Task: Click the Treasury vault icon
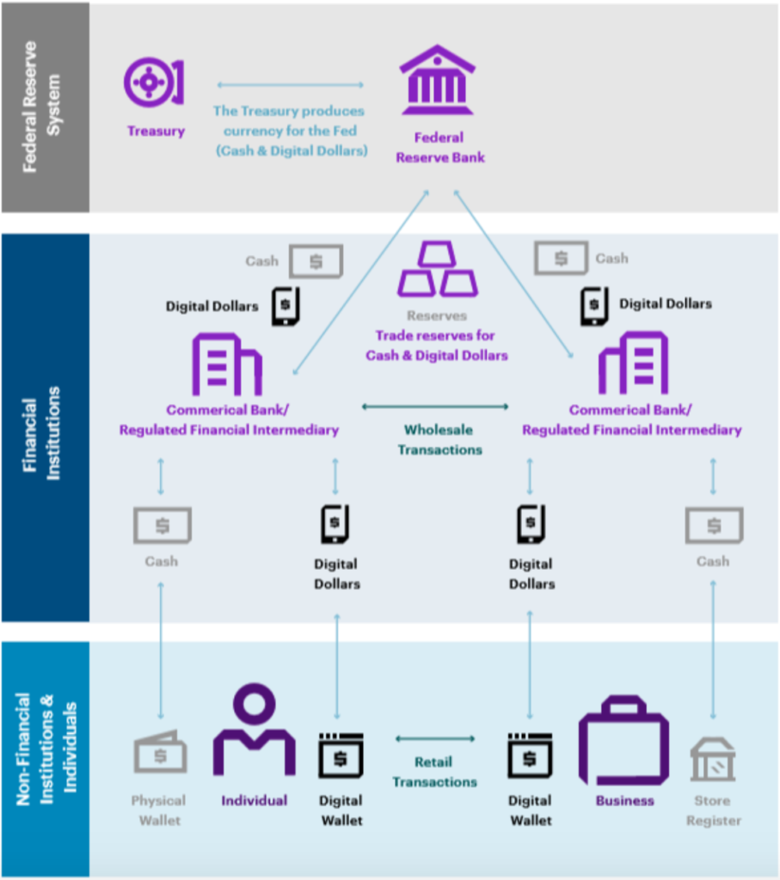tap(153, 82)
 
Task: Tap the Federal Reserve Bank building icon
tap(438, 80)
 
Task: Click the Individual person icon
tap(255, 729)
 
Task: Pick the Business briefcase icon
tap(623, 740)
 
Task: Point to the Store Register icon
tap(713, 760)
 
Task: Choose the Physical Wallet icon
tap(160, 751)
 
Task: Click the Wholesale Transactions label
tap(439, 439)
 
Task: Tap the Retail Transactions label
tap(434, 772)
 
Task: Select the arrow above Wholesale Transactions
tap(435, 406)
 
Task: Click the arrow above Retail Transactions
tap(435, 738)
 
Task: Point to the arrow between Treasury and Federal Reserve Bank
tap(291, 85)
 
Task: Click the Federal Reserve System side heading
tap(41, 107)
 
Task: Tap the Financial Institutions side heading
tap(41, 433)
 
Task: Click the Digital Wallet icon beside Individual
tap(341, 755)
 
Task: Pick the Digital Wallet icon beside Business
tap(530, 755)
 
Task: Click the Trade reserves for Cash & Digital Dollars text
tap(436, 345)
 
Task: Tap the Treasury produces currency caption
tap(292, 131)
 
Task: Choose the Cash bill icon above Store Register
tap(715, 525)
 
